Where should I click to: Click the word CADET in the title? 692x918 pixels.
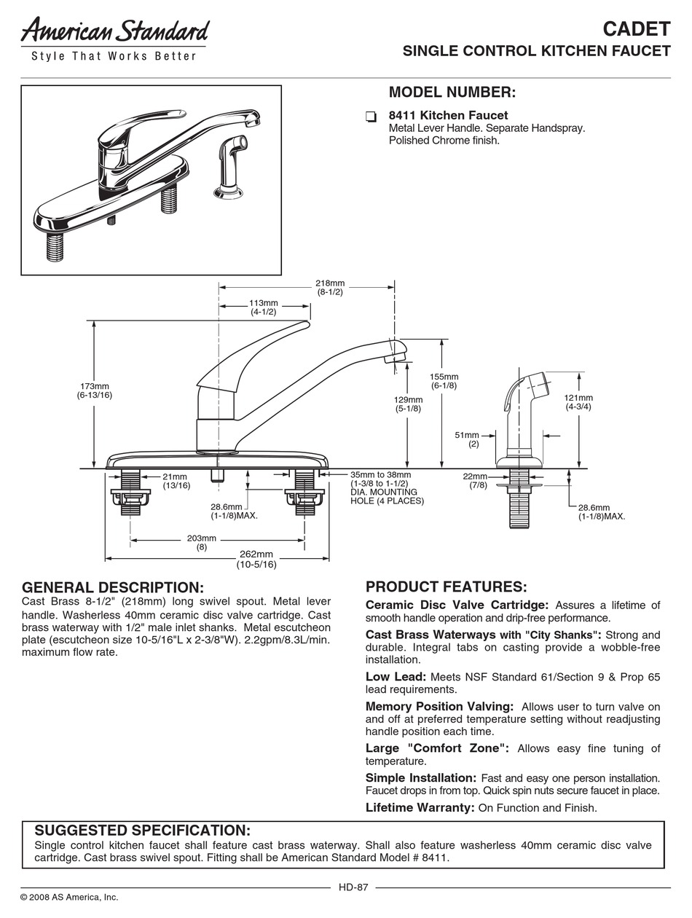click(x=636, y=28)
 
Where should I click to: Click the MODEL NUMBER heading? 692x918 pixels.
click(x=452, y=93)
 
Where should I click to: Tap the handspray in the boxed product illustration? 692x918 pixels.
click(x=227, y=164)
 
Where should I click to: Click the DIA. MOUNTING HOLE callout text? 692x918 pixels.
click(x=386, y=496)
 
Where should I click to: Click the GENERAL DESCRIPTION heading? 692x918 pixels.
click(x=113, y=587)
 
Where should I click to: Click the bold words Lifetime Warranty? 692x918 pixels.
click(x=420, y=807)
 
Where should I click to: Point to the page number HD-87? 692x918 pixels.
click(x=353, y=887)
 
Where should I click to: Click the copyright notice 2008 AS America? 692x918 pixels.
click(x=69, y=897)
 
